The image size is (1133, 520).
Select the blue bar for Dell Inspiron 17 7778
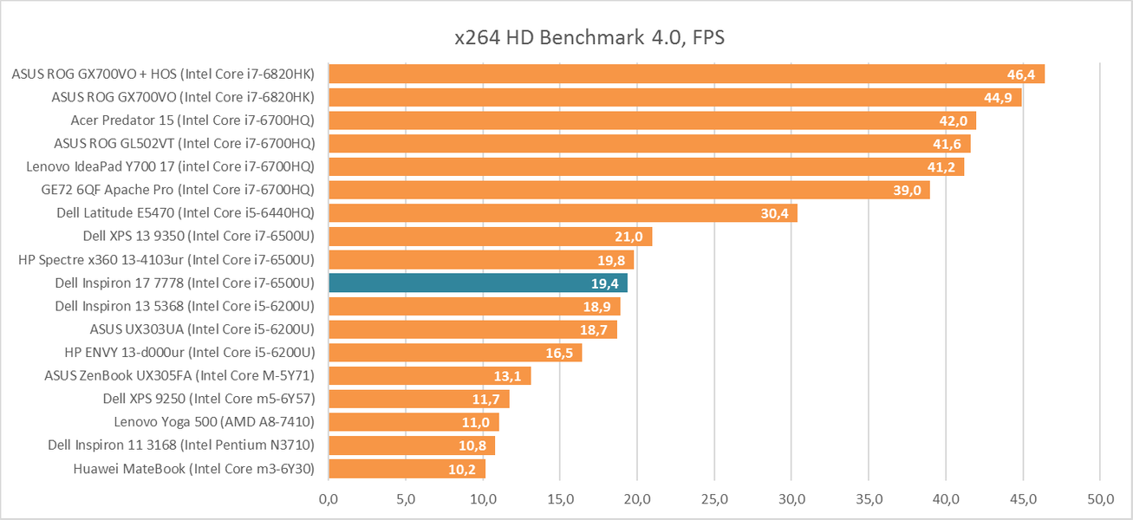(x=478, y=283)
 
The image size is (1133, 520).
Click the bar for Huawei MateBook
(x=407, y=469)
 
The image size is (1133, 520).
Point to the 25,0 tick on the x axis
(x=713, y=499)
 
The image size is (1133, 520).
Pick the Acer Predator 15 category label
(x=192, y=120)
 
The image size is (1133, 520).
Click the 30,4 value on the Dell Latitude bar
(x=774, y=213)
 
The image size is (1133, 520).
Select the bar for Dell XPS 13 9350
(x=490, y=236)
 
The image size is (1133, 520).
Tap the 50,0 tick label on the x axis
(x=1099, y=499)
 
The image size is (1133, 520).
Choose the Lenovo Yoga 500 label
(x=214, y=422)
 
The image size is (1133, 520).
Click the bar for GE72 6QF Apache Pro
(x=628, y=190)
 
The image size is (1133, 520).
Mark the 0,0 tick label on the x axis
(x=329, y=499)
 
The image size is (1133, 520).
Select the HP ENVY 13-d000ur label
(x=189, y=352)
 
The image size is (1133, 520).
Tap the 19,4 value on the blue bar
(x=605, y=283)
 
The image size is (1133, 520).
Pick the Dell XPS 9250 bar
(x=419, y=399)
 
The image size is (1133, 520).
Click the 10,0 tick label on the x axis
(x=483, y=499)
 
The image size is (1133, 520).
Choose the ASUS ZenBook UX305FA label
(x=179, y=375)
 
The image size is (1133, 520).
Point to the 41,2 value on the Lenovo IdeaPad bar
(x=941, y=166)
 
